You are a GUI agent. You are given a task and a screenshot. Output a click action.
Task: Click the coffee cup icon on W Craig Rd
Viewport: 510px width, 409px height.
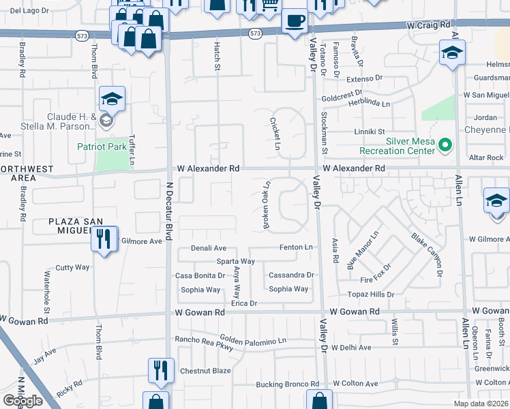295,22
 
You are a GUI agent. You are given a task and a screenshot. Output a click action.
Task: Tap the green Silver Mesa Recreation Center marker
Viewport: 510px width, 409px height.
445,145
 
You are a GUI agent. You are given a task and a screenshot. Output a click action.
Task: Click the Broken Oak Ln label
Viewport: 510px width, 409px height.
267,204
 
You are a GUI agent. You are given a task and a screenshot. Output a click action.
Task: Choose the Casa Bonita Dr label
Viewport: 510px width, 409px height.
200,275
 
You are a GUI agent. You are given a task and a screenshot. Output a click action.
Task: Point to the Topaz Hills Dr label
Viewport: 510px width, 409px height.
371,294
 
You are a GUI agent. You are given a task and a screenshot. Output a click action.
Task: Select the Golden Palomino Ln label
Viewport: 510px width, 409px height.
253,339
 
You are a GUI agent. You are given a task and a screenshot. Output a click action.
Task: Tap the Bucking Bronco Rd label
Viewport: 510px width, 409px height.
288,384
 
